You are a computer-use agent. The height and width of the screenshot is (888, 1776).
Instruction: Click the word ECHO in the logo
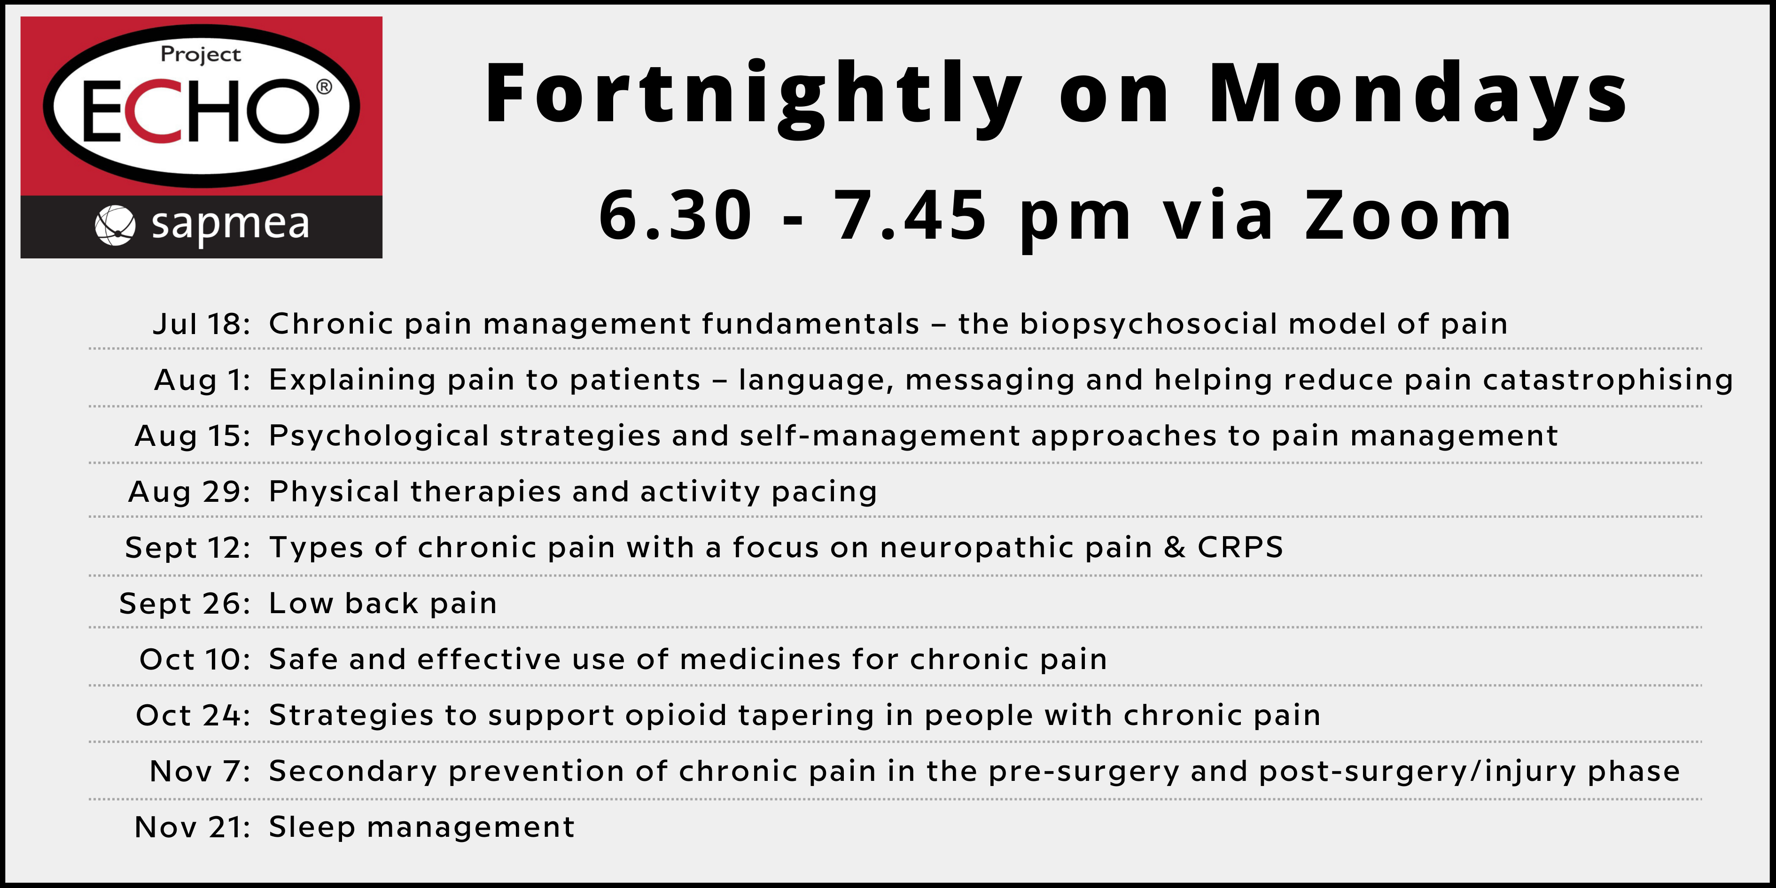(x=200, y=111)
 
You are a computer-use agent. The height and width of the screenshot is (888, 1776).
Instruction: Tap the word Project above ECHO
(x=201, y=55)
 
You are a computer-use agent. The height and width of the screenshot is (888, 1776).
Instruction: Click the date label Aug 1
(x=203, y=379)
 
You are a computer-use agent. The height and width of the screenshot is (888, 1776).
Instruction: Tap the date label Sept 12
(x=187, y=547)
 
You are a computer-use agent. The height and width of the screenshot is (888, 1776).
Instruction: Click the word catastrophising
(x=1608, y=379)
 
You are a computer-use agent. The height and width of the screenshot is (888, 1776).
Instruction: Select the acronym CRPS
(x=1240, y=547)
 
